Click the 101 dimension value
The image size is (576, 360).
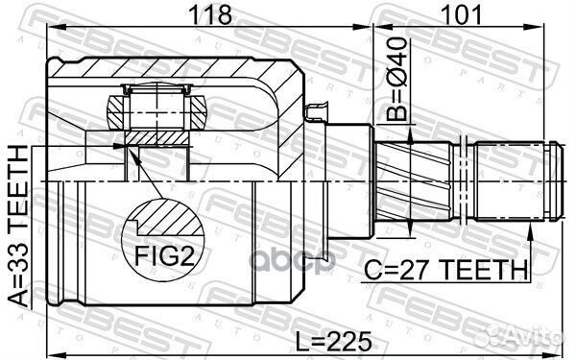tap(461, 14)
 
